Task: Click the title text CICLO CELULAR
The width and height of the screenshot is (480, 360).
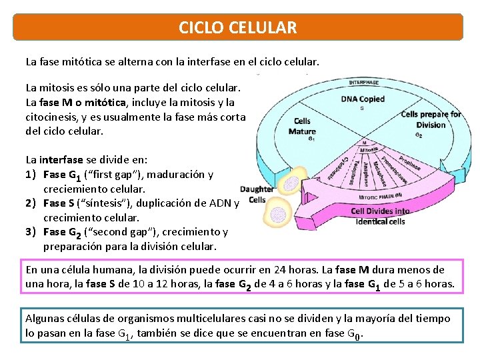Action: click(x=238, y=28)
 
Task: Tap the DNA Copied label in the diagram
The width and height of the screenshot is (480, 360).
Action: click(x=363, y=99)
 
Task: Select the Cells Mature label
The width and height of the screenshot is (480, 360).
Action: click(x=302, y=126)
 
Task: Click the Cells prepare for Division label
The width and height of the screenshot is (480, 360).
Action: click(x=431, y=119)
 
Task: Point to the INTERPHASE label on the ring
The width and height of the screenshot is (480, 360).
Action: click(x=364, y=82)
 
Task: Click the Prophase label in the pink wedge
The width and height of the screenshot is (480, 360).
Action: click(x=409, y=163)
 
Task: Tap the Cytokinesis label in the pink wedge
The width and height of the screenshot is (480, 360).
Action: click(x=340, y=167)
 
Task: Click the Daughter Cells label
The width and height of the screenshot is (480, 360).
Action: click(x=257, y=194)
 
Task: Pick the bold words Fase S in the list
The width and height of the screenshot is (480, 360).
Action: click(x=58, y=203)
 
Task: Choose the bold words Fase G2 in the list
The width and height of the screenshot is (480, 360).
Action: click(x=61, y=233)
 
